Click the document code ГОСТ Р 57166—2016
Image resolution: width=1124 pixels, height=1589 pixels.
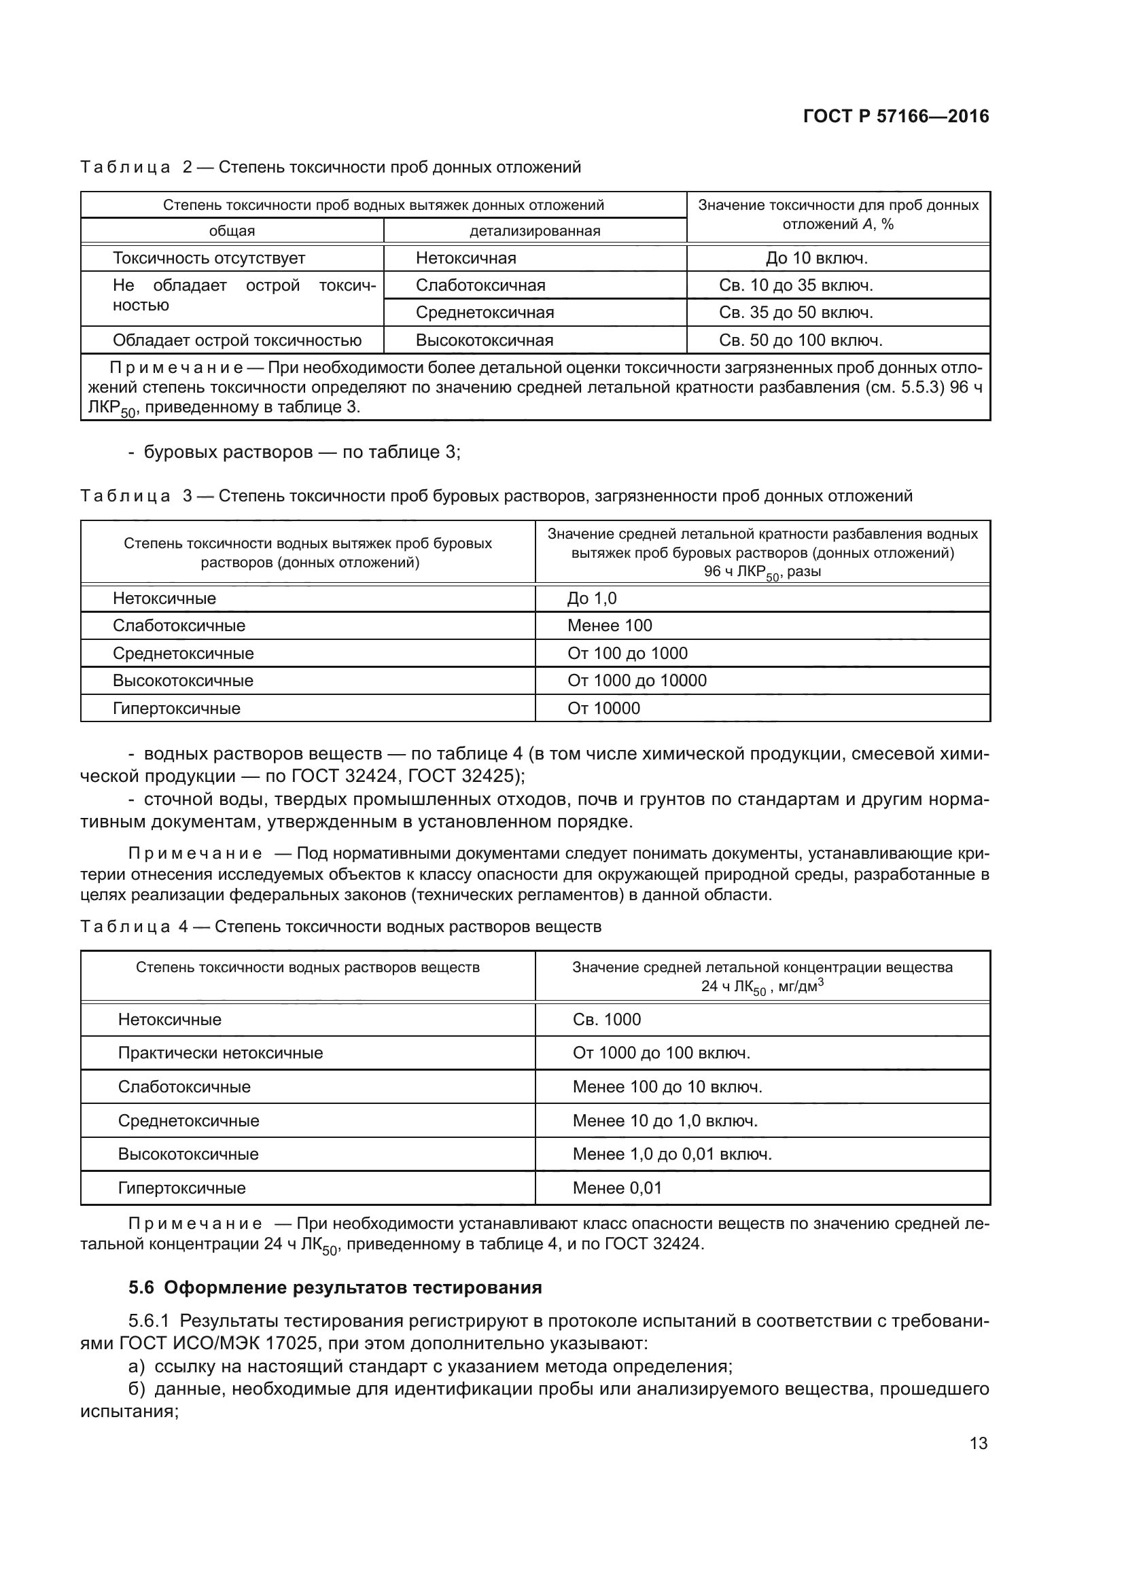tap(896, 116)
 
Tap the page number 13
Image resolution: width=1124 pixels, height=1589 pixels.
tap(978, 1443)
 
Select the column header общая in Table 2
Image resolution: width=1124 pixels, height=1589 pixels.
tap(232, 231)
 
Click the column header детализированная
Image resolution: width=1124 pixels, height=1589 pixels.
tap(534, 231)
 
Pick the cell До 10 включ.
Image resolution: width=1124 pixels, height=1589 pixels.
tap(816, 258)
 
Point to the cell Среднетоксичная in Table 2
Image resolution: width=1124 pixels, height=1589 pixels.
tap(485, 313)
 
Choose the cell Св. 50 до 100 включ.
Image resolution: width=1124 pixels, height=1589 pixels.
tap(800, 340)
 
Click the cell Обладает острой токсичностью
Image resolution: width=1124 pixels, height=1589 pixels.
tap(236, 340)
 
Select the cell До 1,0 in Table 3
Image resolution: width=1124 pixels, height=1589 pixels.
tap(592, 599)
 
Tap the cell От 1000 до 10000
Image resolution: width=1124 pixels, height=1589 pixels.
tap(637, 681)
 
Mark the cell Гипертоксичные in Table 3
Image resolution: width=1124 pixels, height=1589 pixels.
tap(177, 709)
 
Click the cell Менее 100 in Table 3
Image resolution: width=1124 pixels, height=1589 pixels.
tap(609, 626)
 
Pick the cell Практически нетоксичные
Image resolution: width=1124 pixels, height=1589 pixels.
tap(220, 1054)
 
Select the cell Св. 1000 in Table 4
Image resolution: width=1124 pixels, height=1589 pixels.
tap(606, 1020)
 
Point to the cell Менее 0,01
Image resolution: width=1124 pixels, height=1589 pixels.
tap(616, 1188)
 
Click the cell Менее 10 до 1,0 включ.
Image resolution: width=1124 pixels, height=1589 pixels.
tap(665, 1121)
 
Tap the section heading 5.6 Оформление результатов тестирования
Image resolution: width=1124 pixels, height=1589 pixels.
tap(335, 1288)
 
